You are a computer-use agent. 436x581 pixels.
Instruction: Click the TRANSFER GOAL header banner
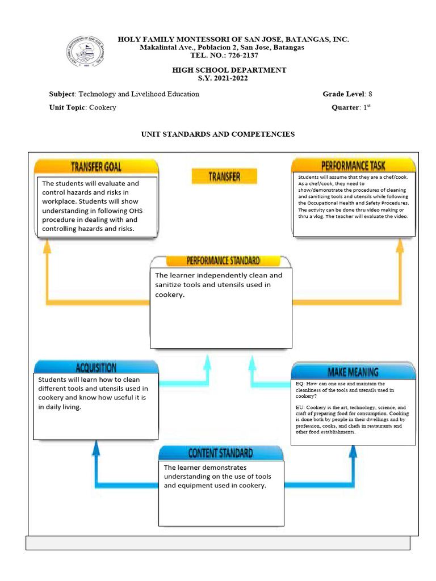[96, 166]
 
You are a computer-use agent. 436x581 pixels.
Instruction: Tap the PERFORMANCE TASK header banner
[353, 166]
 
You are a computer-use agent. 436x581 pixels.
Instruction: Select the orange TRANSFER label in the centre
[224, 176]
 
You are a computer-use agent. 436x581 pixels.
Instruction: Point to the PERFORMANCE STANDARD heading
[223, 261]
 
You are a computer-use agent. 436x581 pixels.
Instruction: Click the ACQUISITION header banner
[96, 367]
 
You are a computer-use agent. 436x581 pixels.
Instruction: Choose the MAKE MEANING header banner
[353, 372]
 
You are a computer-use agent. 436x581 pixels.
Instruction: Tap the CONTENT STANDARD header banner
[221, 453]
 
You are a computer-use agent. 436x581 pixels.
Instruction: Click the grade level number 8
[370, 94]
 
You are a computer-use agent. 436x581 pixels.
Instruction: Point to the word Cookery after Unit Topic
[103, 107]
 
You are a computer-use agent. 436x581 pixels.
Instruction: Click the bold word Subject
[62, 94]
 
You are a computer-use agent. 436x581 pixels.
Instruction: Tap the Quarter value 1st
[367, 107]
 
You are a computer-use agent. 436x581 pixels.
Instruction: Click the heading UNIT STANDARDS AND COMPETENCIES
[218, 134]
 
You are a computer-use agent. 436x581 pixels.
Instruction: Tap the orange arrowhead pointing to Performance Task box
[400, 245]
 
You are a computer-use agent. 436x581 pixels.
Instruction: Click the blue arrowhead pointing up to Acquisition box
[96, 449]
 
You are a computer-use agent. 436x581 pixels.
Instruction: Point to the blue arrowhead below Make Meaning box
[353, 452]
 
